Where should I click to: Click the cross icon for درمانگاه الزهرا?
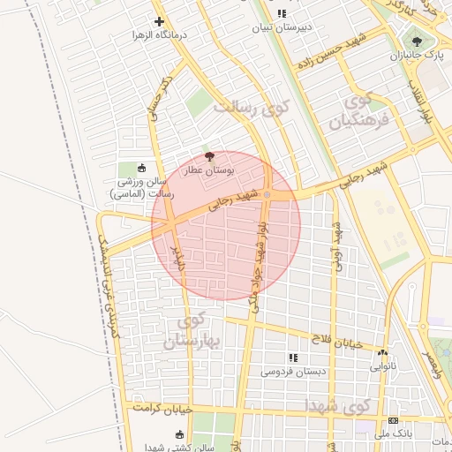coord(159,21)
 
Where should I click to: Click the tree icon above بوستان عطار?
coord(208,155)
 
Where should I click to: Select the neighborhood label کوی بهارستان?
coord(188,328)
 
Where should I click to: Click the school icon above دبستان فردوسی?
coord(293,358)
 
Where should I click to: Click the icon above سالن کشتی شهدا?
coord(180,434)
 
